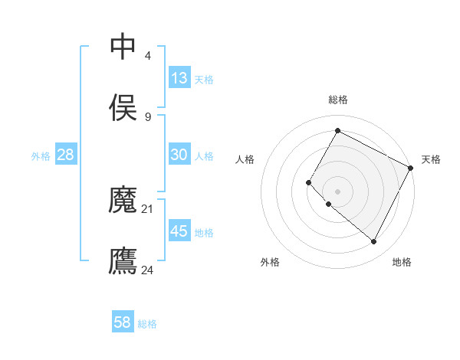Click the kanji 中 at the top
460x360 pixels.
123,47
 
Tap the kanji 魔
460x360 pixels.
123,200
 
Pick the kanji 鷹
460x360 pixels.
123,260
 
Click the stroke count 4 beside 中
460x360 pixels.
147,56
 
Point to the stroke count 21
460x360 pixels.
148,208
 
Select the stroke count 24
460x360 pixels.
148,270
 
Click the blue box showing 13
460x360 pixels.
179,78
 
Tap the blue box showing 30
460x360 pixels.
179,155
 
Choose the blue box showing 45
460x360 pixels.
179,231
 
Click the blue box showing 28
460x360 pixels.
66,155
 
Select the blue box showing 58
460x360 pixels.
123,322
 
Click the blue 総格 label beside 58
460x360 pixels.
147,324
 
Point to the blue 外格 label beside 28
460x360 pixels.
41,156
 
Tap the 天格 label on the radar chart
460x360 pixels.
431,159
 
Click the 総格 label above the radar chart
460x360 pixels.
337,100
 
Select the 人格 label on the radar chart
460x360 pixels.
245,159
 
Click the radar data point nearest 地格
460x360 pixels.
374,242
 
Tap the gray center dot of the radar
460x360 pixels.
337,191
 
